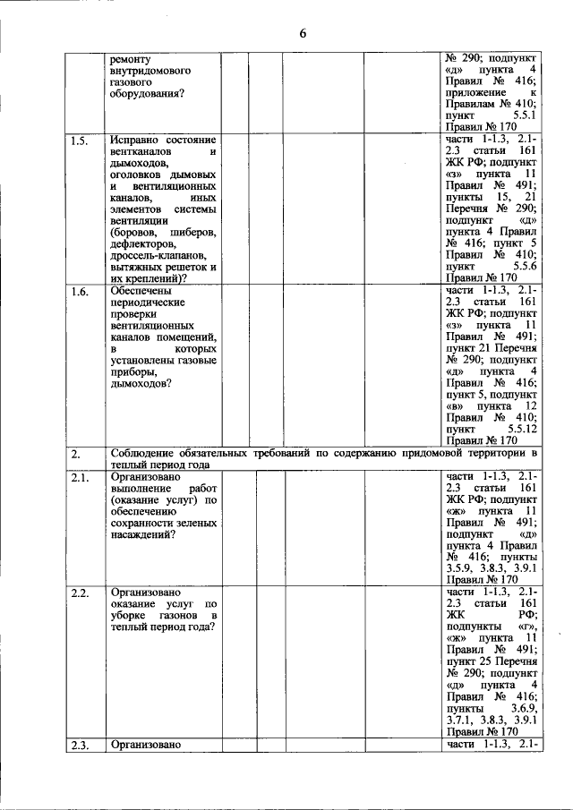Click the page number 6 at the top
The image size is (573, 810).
coord(302,33)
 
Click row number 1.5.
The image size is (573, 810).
coord(80,141)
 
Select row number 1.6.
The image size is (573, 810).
coord(80,291)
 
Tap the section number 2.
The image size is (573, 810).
coord(76,454)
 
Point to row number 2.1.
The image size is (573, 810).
coord(80,478)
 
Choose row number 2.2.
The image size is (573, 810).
coord(80,593)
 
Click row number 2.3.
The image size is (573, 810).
coord(80,744)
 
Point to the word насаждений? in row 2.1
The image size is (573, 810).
coord(142,534)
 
